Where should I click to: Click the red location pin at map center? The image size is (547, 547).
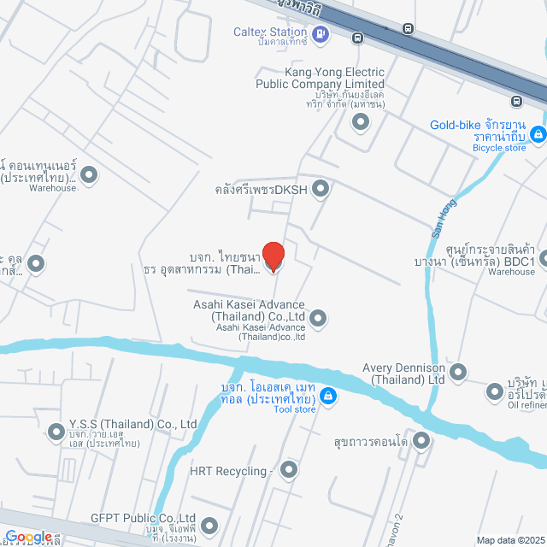pyautogui.click(x=273, y=256)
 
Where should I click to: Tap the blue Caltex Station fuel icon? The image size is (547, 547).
pyautogui.click(x=320, y=34)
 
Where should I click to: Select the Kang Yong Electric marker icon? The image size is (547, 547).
pyautogui.click(x=361, y=121)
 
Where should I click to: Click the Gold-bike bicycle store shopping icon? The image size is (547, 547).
pyautogui.click(x=538, y=134)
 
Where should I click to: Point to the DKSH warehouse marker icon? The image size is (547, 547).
pyautogui.click(x=321, y=189)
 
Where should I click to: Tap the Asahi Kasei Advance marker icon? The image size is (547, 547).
pyautogui.click(x=318, y=319)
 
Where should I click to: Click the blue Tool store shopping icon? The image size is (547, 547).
pyautogui.click(x=328, y=396)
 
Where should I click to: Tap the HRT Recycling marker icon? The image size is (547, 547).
pyautogui.click(x=289, y=469)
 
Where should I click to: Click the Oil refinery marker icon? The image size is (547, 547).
pyautogui.click(x=495, y=392)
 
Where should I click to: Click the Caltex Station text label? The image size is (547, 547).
pyautogui.click(x=271, y=32)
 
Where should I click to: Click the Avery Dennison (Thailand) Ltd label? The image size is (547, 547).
pyautogui.click(x=403, y=373)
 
